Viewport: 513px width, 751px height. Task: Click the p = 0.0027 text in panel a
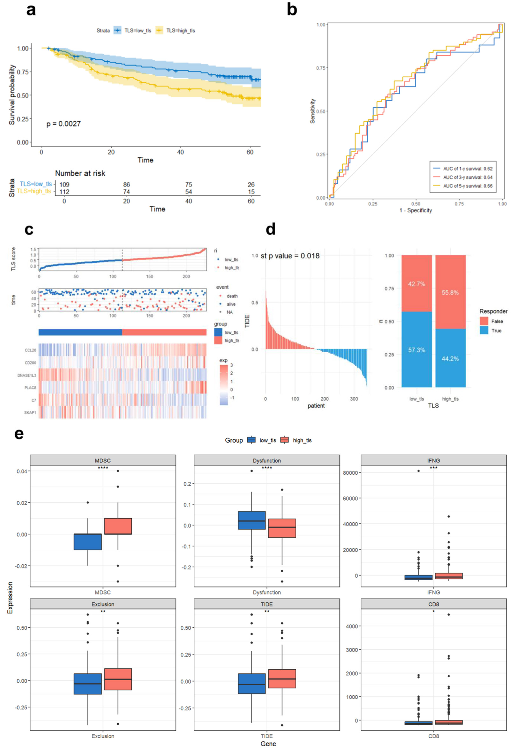[63, 124]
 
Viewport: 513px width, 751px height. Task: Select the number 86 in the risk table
[126, 184]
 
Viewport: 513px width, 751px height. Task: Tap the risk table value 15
[251, 192]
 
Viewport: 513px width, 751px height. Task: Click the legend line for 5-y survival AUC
[437, 186]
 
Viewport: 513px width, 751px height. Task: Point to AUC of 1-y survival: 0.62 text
[468, 169]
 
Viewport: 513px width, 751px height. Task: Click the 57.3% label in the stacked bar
[417, 350]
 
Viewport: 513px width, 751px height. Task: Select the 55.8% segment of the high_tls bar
[450, 292]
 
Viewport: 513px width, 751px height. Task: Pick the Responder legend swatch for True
[484, 330]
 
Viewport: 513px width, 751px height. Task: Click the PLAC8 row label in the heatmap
[31, 388]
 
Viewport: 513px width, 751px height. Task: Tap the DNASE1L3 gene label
[27, 375]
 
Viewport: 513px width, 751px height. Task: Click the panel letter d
[271, 229]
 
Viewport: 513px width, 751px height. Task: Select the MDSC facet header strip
[103, 460]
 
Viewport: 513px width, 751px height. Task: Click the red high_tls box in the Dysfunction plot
[282, 528]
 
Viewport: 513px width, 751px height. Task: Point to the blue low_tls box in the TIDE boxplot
[252, 684]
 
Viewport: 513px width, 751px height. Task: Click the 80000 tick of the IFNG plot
[350, 472]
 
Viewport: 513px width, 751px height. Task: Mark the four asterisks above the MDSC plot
[103, 468]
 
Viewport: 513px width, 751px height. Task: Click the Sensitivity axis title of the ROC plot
[313, 111]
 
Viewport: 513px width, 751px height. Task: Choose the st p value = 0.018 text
[290, 256]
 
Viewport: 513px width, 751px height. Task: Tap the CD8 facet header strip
[433, 604]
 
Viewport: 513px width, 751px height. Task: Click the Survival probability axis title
[12, 95]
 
